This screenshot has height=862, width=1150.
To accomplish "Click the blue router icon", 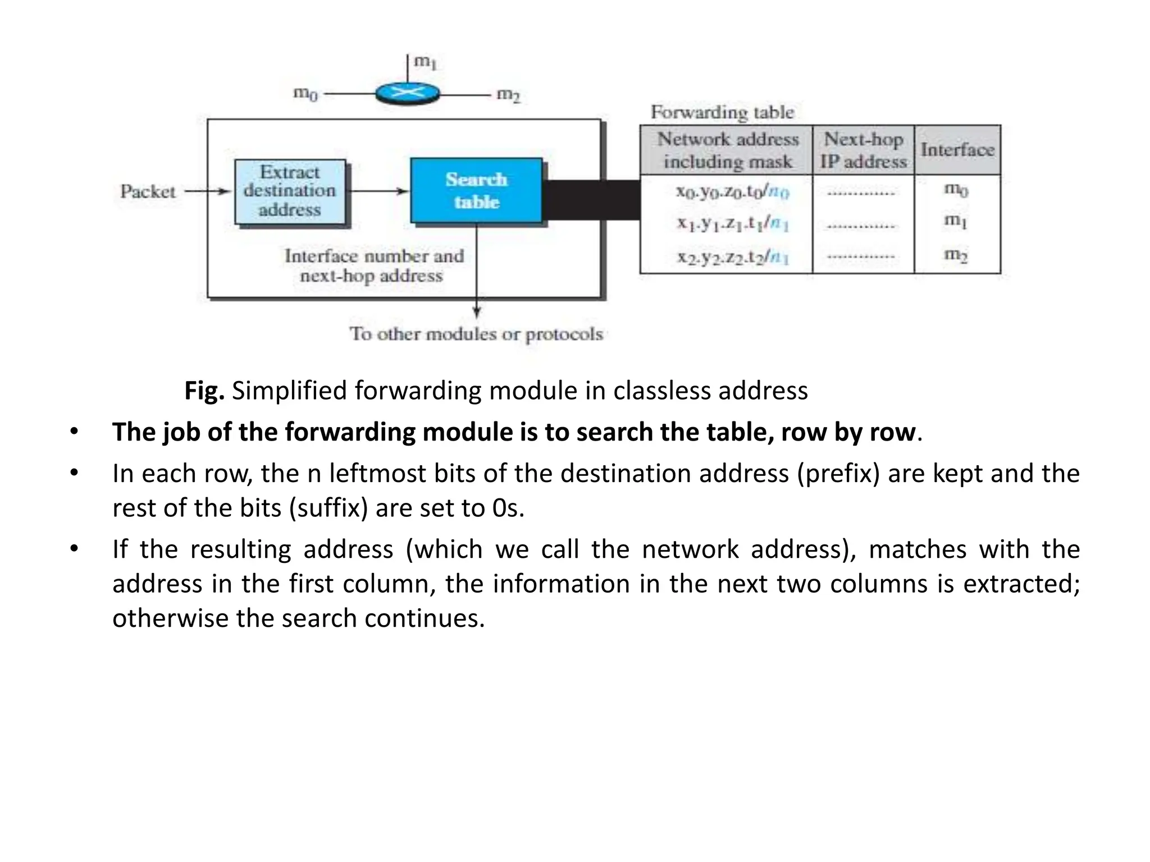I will point(408,93).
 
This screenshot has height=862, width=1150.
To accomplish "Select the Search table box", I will point(476,191).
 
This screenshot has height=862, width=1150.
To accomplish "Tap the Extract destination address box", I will point(290,191).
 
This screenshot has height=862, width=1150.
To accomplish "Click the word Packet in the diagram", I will point(148,192).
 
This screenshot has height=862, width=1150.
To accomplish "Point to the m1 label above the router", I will point(425,62).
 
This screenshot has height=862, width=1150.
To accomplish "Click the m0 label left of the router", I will point(305,93).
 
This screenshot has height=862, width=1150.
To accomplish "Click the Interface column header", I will point(957,150).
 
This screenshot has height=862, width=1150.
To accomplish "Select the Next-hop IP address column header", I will point(863,150).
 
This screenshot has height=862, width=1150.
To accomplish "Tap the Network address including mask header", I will point(727,150).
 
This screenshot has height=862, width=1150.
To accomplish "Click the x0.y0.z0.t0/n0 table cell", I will point(732,192).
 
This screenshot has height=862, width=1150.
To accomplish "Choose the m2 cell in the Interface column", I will point(956,255).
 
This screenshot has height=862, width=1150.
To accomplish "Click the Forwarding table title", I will point(722,112).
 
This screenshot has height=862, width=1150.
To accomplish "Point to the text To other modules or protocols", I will point(476,334).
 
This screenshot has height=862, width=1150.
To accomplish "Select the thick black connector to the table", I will point(591,200).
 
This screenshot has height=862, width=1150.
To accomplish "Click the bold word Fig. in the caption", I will point(204,391).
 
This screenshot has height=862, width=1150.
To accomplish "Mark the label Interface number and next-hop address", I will point(374,266).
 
